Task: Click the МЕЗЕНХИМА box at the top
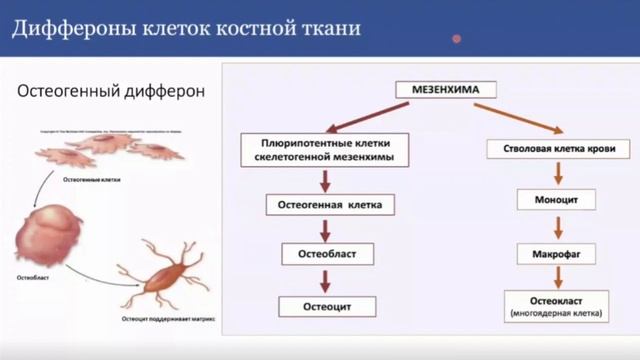[447, 89]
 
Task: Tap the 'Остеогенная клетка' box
[324, 205]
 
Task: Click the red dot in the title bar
[456, 39]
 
